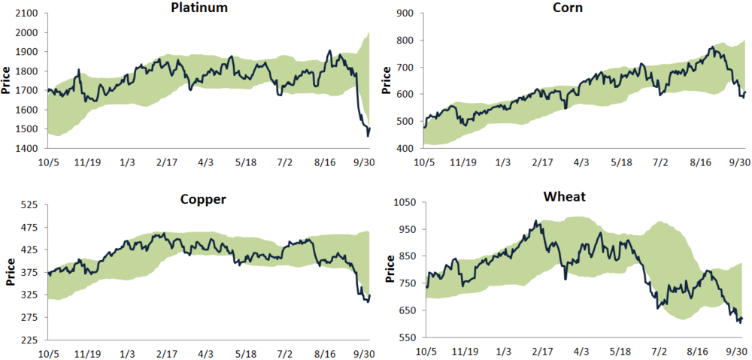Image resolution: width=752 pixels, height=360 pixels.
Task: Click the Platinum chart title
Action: coord(199,8)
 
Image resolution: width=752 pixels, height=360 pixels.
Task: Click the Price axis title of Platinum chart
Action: coord(7,81)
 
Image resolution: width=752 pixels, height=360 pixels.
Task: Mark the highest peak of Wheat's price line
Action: coord(535,221)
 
